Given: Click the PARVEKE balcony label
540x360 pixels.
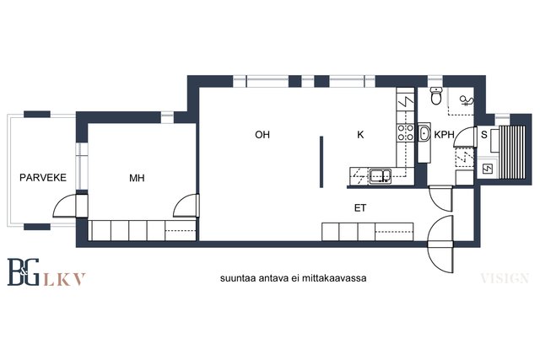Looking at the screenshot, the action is coord(43,178).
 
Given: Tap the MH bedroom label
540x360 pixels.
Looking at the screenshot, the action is coord(137,178).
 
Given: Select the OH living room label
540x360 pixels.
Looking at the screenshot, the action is coord(262,135).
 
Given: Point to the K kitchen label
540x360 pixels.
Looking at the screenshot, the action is coord(360,135).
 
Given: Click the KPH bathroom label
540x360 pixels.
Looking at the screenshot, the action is coord(444,135).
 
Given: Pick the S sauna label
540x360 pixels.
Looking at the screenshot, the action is coord(483,135).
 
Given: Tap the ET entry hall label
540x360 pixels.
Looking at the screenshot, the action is coord(360,208).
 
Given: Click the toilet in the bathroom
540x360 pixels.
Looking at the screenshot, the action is coord(436,95).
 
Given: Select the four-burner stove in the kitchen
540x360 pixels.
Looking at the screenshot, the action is coord(406,132).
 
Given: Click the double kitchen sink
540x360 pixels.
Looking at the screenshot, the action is coord(381,176).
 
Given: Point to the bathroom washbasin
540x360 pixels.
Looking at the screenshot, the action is coord(424,133).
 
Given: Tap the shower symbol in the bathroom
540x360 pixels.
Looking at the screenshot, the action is coord(467,100).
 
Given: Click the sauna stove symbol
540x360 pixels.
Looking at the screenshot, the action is coord(488,169).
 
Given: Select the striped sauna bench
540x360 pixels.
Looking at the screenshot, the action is coord(512,153).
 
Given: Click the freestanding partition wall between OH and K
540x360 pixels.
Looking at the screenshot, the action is coord(321,162).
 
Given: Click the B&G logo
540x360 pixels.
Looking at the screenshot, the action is coord(23,271).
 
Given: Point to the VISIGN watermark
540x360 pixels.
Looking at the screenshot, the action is coord(505,278).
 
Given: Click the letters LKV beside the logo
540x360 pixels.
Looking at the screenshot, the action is coord(65,279).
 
